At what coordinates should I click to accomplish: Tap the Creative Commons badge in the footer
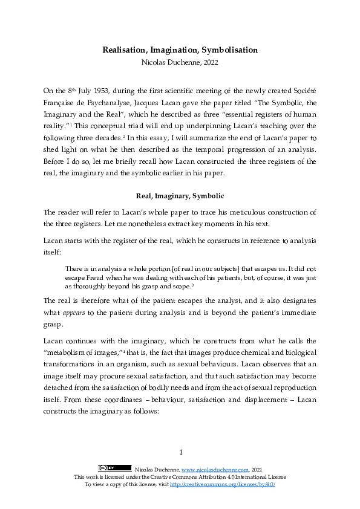pyautogui.click(x=114, y=468)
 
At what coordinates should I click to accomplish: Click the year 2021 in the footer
pyautogui.click(x=257, y=469)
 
